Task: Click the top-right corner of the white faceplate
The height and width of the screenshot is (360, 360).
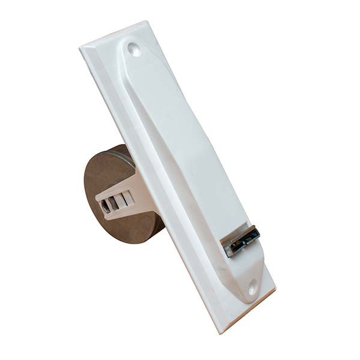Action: click(x=146, y=22)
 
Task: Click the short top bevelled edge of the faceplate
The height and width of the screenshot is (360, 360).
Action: click(x=114, y=34)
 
